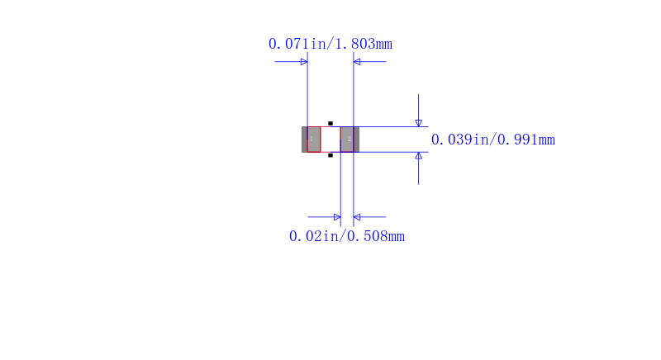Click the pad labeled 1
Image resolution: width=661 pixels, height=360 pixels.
pyautogui.click(x=314, y=140)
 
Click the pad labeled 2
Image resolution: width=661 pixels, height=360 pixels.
pyautogui.click(x=347, y=140)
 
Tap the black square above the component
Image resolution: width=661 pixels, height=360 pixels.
pyautogui.click(x=330, y=123)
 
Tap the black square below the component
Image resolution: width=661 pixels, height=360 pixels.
pyautogui.click(x=330, y=155)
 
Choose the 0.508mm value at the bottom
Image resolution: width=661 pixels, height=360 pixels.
pyautogui.click(x=376, y=236)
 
